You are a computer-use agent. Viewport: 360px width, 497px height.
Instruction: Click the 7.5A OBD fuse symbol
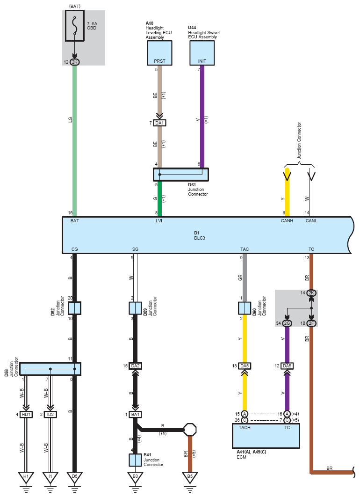click(75, 26)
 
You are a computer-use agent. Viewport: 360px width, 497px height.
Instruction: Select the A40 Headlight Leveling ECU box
click(159, 53)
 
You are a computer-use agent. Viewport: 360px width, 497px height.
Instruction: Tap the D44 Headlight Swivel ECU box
click(202, 53)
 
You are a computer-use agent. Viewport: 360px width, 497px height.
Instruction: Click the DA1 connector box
click(159, 123)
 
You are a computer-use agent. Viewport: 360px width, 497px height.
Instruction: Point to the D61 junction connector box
click(181, 175)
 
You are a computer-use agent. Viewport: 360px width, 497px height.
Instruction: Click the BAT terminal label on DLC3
click(75, 220)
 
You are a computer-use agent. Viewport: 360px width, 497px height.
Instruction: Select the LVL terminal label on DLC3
click(159, 220)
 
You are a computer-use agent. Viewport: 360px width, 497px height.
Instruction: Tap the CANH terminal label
click(287, 220)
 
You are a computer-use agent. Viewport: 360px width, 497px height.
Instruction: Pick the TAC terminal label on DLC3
click(245, 249)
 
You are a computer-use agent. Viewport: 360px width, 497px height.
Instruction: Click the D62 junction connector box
click(75, 308)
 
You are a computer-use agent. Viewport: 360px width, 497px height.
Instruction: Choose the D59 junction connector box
click(135, 308)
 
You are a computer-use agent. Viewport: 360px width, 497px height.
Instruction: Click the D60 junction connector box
click(245, 308)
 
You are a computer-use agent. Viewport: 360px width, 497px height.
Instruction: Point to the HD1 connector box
click(26, 414)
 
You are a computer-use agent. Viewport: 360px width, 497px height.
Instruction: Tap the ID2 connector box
click(50, 414)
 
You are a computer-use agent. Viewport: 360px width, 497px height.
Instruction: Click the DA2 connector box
click(135, 366)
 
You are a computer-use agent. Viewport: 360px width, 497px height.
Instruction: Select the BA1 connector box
click(135, 414)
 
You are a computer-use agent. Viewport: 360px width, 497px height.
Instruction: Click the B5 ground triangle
click(190, 477)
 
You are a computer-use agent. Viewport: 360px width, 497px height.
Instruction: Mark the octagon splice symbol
click(190, 430)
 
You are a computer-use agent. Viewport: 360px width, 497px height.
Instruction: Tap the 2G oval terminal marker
click(287, 323)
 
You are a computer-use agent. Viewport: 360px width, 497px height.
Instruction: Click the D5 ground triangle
click(75, 477)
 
